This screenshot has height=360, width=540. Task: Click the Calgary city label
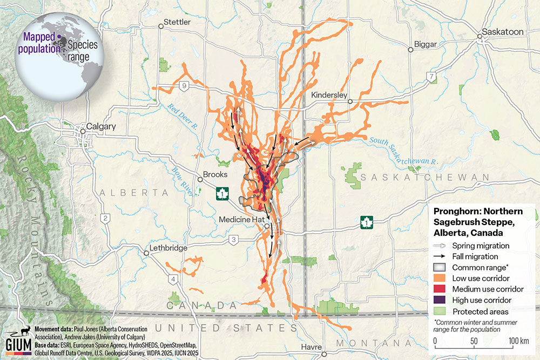click(101, 126)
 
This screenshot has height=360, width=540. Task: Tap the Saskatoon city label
click(503, 32)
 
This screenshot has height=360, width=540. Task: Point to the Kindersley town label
click(329, 94)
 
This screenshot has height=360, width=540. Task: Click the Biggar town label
click(424, 44)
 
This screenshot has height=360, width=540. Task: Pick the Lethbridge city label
click(169, 248)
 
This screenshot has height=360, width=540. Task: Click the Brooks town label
click(217, 175)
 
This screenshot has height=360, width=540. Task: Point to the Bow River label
click(181, 178)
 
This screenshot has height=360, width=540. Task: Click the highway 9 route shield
click(185, 85)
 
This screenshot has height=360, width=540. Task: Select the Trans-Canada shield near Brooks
click(221, 193)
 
